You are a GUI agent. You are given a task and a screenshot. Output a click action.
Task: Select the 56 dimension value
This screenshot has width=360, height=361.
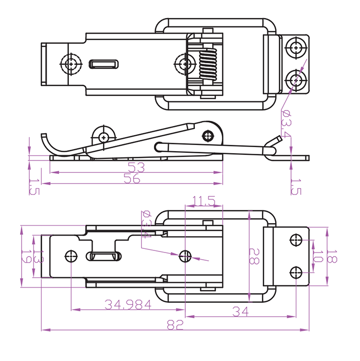pos(133,178)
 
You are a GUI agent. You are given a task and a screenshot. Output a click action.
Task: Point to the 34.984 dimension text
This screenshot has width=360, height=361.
pos(128,304)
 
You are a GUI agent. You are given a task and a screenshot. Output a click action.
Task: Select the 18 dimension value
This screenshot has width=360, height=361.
pos(332,256)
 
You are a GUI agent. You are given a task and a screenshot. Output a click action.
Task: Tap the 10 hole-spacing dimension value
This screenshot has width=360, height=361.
pos(317,256)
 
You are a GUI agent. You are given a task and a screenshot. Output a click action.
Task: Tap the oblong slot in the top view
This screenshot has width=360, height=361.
pos(104,64)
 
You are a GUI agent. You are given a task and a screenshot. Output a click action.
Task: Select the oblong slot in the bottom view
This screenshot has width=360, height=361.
pos(104,256)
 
